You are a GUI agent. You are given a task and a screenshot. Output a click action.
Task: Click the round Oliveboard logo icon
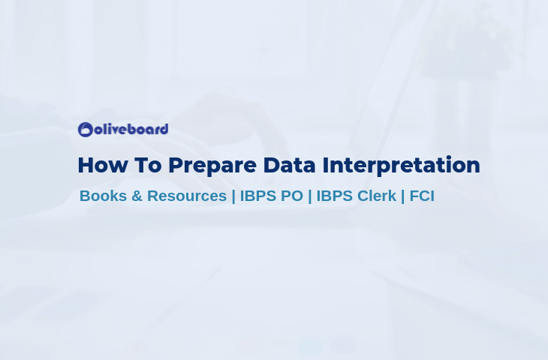(x=86, y=130)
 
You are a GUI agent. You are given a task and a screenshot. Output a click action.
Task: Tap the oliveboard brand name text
(x=131, y=129)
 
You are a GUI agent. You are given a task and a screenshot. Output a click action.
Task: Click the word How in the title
(x=103, y=165)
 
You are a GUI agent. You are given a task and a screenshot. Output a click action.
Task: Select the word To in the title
(x=148, y=165)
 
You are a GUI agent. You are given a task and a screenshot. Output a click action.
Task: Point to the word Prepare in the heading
(x=212, y=166)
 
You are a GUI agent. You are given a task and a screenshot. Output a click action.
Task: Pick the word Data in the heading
(x=289, y=165)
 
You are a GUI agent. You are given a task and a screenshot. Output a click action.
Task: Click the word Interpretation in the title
(x=401, y=166)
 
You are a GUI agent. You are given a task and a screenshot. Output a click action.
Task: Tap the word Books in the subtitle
(x=103, y=196)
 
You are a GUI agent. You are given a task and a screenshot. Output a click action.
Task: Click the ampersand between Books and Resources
(x=137, y=196)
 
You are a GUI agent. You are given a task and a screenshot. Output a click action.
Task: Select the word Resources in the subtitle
(x=187, y=196)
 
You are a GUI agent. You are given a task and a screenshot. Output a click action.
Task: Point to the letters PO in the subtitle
(x=292, y=196)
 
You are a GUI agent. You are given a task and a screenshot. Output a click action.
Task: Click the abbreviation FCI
(x=422, y=196)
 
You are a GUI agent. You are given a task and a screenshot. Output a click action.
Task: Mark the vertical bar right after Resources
(x=233, y=196)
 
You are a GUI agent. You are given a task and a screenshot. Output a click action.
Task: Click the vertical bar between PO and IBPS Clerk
(x=310, y=196)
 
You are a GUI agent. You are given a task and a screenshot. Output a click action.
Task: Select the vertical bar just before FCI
(x=403, y=196)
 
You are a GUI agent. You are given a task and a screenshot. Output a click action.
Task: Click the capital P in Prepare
(x=176, y=165)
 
